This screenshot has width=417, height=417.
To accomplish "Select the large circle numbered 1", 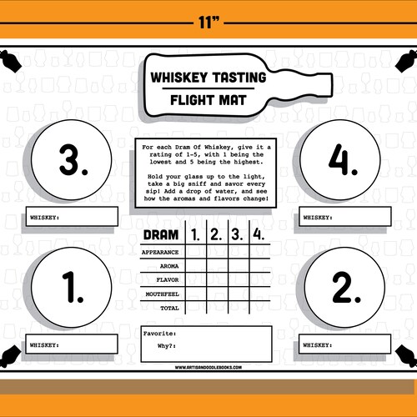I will click(x=74, y=288).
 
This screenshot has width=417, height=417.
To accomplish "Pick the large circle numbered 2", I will click(x=343, y=288).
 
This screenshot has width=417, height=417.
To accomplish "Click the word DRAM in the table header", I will click(x=161, y=234).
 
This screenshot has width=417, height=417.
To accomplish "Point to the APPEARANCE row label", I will click(x=160, y=251).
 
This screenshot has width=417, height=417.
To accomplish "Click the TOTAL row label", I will click(x=169, y=308).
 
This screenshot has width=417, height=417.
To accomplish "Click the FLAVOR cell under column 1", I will click(x=194, y=279).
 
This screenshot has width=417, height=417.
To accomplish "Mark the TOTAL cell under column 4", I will click(x=258, y=308).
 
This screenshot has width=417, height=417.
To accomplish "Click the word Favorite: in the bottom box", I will click(x=158, y=333).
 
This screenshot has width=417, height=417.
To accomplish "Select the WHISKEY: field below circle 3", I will click(x=72, y=217).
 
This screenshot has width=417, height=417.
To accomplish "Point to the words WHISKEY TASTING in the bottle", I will click(x=208, y=78).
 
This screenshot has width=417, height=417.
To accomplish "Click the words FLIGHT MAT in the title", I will click(x=208, y=98).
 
